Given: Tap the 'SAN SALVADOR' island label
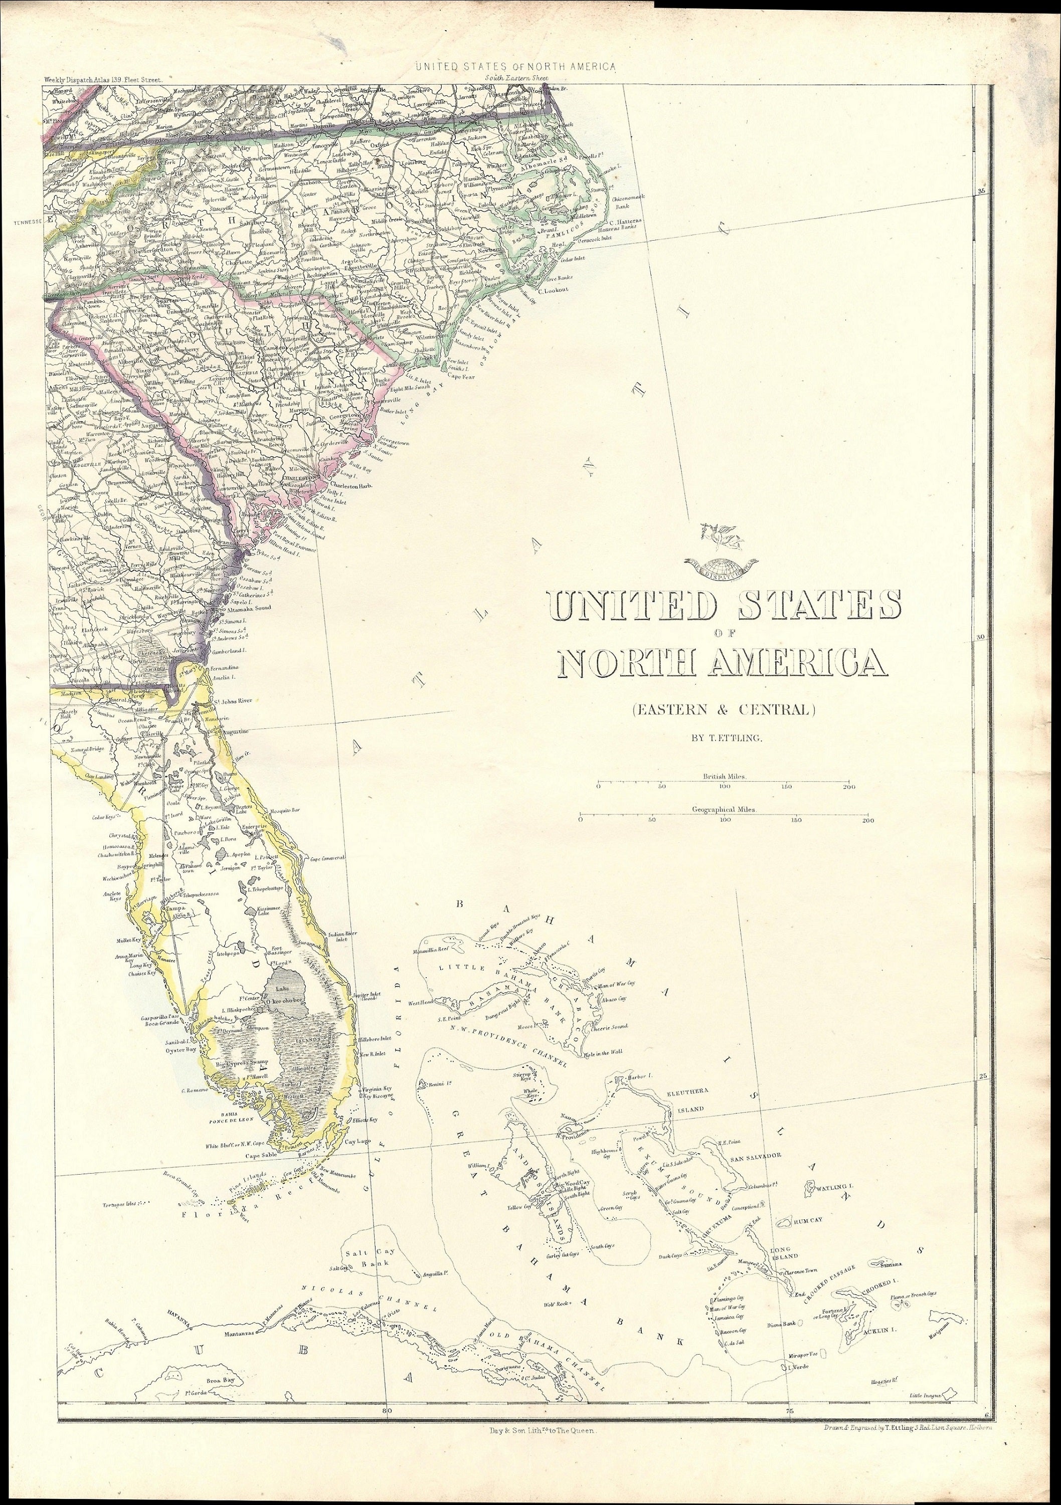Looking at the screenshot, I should click(x=756, y=1156).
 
